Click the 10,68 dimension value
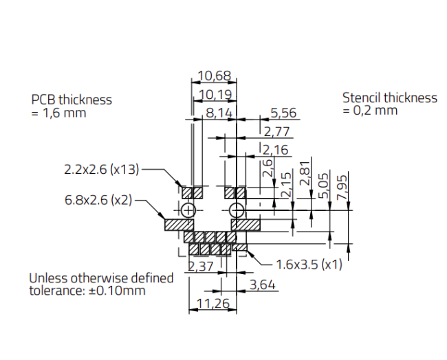tap(214, 76)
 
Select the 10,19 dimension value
tap(214, 95)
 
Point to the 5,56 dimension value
tap(283, 113)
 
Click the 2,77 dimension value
tap(276, 132)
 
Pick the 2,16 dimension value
tap(276, 150)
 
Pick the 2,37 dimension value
tap(201, 267)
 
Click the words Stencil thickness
tap(390, 98)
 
